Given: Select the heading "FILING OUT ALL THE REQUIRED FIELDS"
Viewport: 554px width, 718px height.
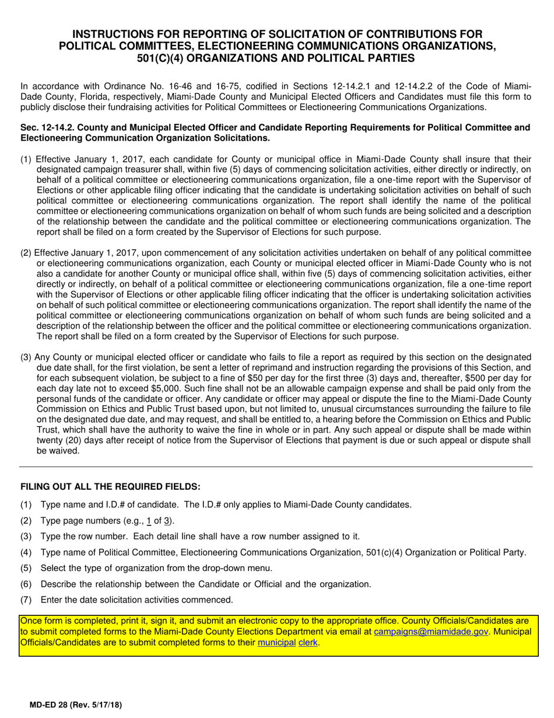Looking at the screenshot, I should (110, 487).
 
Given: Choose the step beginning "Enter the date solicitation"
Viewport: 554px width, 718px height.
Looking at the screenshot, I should (136, 600).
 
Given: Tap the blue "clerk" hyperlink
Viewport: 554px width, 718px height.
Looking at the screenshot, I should (308, 643).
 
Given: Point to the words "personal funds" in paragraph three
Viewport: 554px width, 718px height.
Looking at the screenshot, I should (64, 399).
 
